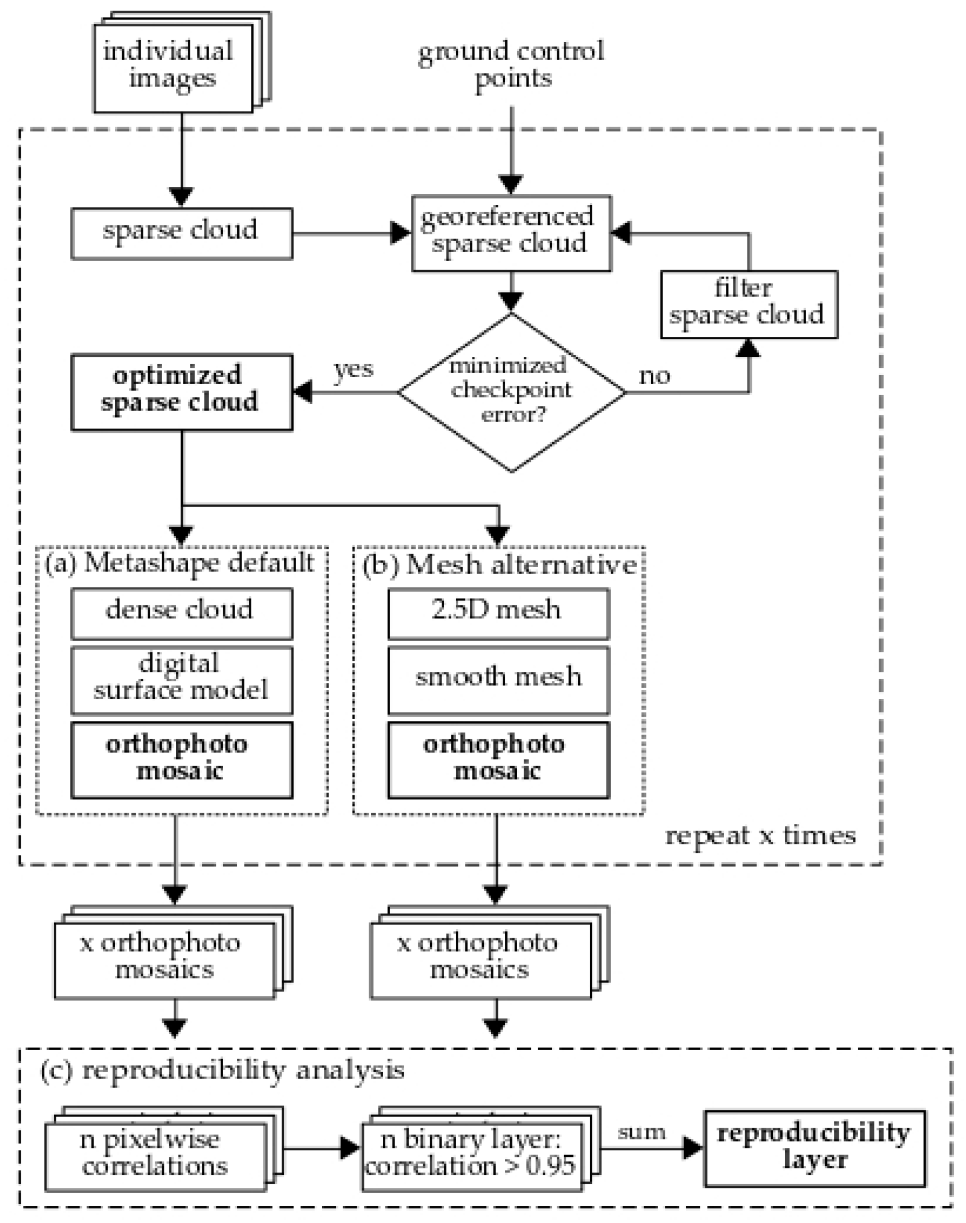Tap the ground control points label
click(x=511, y=64)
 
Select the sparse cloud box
click(x=181, y=233)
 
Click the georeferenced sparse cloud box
click(x=511, y=233)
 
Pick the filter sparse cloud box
click(x=748, y=304)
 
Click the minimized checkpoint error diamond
click(x=511, y=391)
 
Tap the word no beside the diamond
click(x=654, y=375)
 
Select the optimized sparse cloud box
click(x=181, y=391)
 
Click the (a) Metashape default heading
click(x=180, y=564)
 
